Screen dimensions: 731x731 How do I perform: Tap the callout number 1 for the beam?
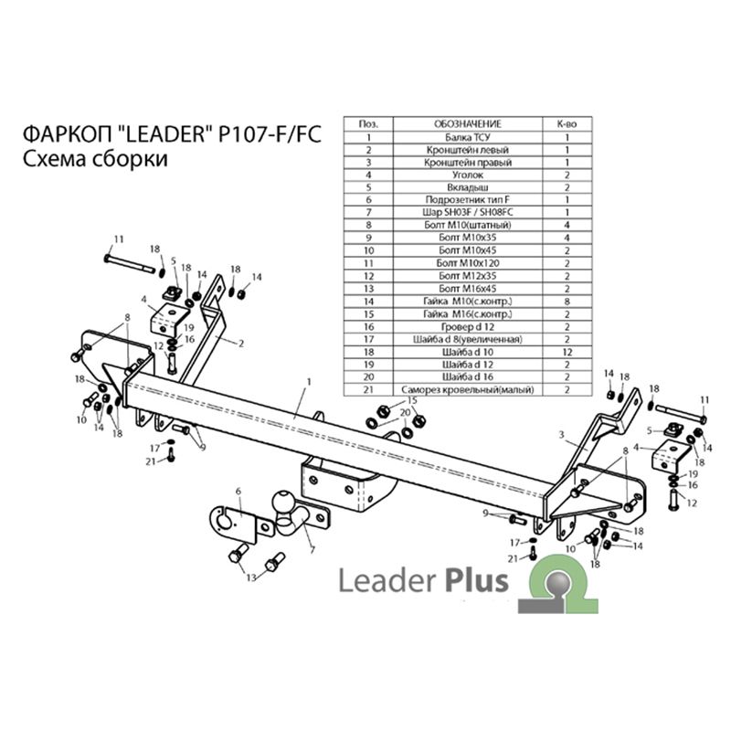tap(309, 382)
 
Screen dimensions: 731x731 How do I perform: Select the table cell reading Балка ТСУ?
tap(468, 137)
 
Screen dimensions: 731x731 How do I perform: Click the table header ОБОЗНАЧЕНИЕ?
tap(468, 124)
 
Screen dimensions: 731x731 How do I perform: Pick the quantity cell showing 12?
tap(567, 352)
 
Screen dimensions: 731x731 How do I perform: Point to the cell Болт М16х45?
tap(468, 289)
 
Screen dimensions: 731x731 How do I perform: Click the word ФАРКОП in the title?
tap(67, 134)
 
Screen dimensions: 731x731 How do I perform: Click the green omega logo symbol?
tap(558, 584)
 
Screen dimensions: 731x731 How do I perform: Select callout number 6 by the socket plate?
tap(238, 491)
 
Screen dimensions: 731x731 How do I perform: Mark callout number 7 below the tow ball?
tap(312, 550)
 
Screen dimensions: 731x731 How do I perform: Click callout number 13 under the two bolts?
tap(251, 577)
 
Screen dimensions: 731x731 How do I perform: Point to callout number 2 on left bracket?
tap(240, 344)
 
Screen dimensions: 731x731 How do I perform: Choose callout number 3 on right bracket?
tap(561, 435)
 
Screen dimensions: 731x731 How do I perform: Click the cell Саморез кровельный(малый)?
tap(468, 389)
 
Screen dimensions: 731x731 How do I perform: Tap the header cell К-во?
tap(567, 124)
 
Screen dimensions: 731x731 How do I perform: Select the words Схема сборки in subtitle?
tap(95, 159)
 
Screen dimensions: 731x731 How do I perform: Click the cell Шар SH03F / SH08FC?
tap(468, 213)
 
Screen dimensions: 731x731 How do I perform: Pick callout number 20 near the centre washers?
tap(405, 413)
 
